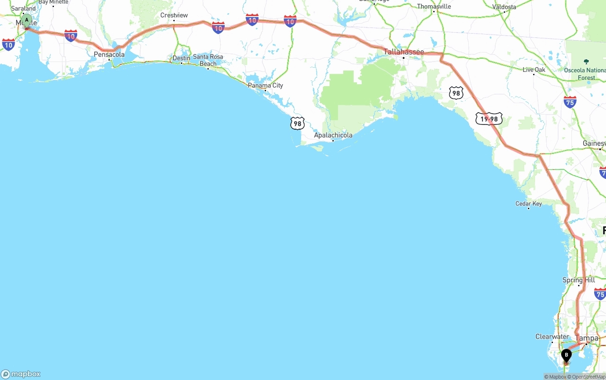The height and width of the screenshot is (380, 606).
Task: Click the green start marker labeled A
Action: tap(27, 20)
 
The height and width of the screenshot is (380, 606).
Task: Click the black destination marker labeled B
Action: tap(566, 355)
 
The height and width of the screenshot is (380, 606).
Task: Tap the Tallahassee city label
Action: tap(403, 52)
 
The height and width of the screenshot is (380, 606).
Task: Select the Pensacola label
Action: tap(109, 54)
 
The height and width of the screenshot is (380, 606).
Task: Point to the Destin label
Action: tap(181, 58)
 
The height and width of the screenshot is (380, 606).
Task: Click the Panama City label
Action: tap(265, 85)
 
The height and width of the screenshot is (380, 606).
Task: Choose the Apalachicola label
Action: tap(333, 135)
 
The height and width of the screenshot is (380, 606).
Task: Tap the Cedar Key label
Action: tap(528, 203)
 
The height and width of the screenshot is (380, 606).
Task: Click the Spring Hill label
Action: tap(579, 280)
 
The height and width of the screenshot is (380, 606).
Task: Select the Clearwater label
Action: tap(552, 336)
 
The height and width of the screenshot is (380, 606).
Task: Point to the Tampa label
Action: tap(587, 338)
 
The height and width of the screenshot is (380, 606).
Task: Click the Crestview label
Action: tap(174, 15)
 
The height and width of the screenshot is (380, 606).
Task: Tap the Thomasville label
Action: tap(434, 6)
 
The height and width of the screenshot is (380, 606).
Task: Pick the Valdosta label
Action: tap(504, 7)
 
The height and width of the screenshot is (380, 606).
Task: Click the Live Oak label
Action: tap(534, 70)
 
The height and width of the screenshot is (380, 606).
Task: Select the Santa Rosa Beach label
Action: tap(208, 60)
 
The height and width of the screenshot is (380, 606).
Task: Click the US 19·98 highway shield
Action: tap(489, 119)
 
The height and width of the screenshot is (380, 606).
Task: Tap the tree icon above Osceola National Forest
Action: tap(586, 62)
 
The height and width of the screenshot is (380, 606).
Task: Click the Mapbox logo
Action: tap(21, 374)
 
